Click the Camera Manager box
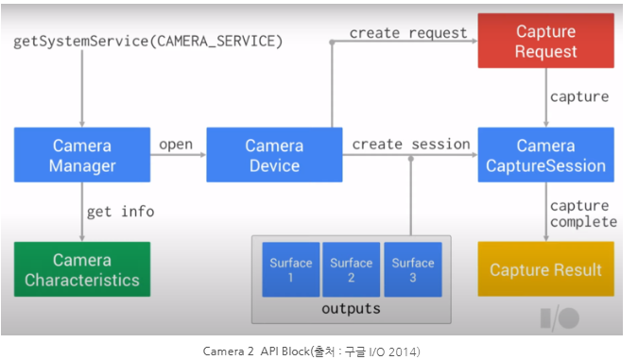click(x=82, y=156)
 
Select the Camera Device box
click(x=274, y=156)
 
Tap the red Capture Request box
click(x=545, y=42)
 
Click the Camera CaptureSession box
click(x=545, y=156)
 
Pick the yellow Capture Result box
click(x=545, y=269)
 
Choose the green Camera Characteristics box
click(x=82, y=269)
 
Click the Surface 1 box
click(x=290, y=270)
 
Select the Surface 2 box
click(x=351, y=270)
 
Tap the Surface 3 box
click(x=412, y=270)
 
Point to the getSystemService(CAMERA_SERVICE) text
click(x=148, y=43)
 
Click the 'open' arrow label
click(x=176, y=145)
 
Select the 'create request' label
click(x=408, y=33)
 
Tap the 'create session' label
click(x=411, y=145)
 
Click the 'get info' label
click(x=120, y=212)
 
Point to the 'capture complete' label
click(x=582, y=214)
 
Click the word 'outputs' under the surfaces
click(x=351, y=309)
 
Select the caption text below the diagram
click(x=312, y=351)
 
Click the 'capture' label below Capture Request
click(x=579, y=96)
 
